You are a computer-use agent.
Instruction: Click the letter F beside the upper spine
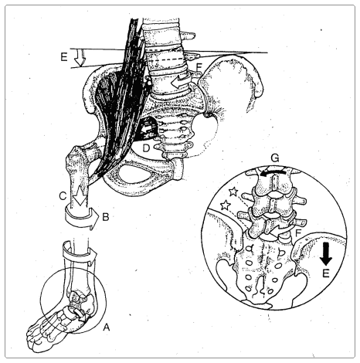(200, 67)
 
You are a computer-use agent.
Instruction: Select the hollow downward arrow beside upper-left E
(76, 56)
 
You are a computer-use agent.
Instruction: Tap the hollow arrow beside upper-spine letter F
(182, 77)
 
